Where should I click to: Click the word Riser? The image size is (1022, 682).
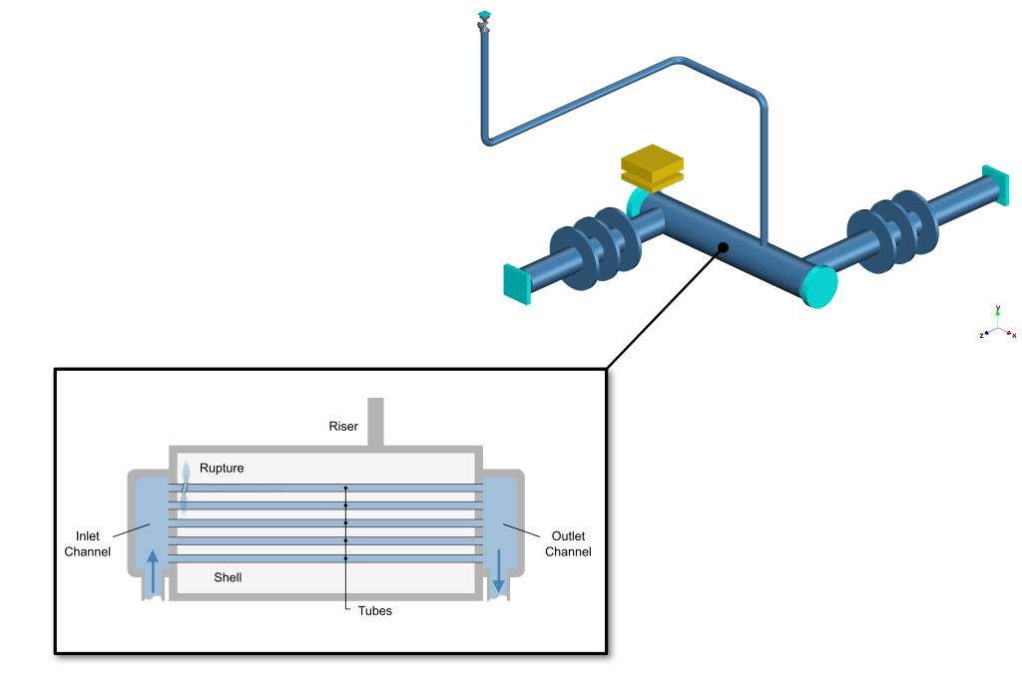343,427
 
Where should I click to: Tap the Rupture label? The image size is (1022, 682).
222,468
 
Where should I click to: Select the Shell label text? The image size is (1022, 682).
228,577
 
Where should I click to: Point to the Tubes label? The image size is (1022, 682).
375,610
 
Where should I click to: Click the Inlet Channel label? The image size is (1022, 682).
88,543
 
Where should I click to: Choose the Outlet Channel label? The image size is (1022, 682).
568,543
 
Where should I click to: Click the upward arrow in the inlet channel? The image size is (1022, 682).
152,570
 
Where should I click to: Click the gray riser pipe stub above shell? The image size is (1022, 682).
375,422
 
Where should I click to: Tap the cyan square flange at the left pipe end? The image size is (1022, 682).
515,283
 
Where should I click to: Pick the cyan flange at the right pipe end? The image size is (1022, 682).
995,186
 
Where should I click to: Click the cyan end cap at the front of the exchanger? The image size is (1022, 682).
819,287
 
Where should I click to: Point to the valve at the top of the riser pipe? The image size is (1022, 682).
485,22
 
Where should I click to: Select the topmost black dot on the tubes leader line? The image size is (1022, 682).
345,489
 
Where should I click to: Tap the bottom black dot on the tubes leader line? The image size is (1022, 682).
345,557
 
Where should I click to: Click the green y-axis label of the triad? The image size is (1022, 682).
998,309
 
